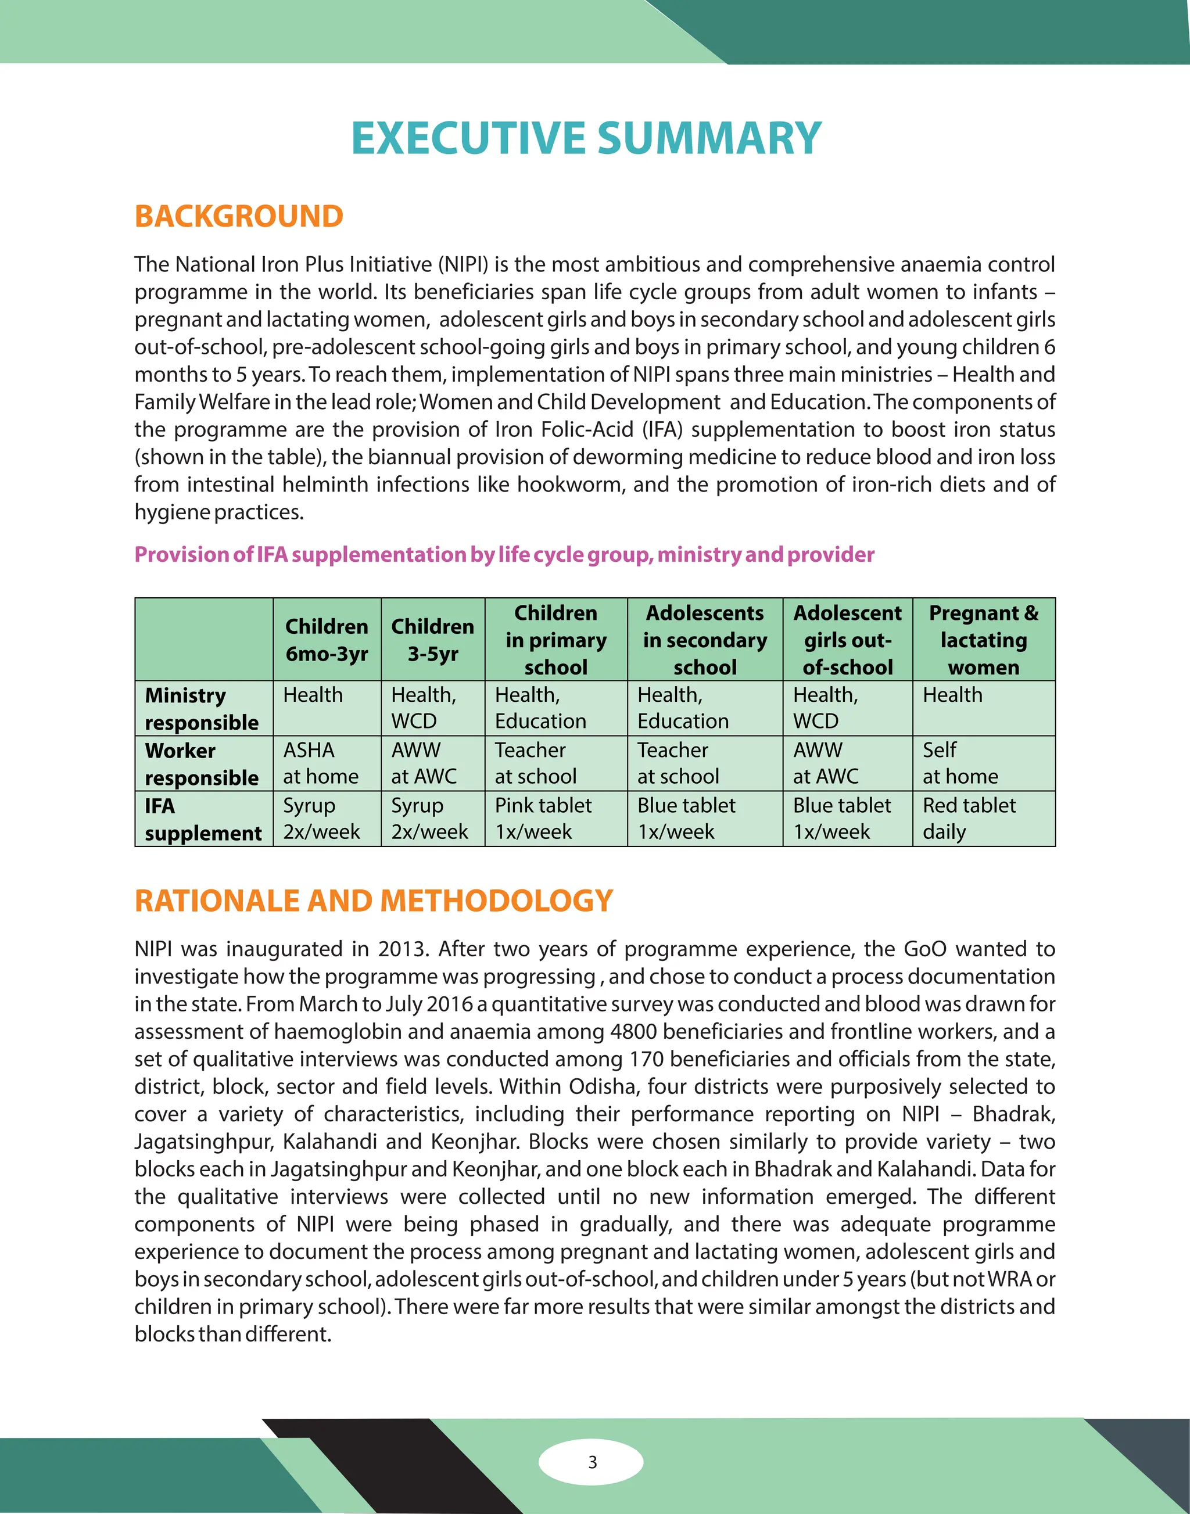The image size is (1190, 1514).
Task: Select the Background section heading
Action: tap(238, 217)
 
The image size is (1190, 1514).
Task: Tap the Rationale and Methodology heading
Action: tap(374, 901)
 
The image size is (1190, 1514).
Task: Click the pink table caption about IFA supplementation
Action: tap(504, 555)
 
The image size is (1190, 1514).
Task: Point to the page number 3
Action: tap(592, 1462)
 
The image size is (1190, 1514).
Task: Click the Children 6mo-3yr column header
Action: tap(327, 640)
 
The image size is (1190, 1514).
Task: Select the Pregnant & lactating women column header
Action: tap(983, 640)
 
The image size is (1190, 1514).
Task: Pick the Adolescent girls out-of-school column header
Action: tap(847, 640)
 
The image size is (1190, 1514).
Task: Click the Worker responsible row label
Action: tap(202, 763)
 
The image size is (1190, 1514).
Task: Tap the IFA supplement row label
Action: tap(202, 819)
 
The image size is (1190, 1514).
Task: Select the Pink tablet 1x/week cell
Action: tap(543, 819)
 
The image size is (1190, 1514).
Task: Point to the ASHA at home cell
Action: tap(321, 763)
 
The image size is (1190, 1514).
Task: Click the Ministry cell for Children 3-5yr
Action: tap(424, 708)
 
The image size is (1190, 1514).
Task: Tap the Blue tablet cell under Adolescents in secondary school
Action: tap(686, 819)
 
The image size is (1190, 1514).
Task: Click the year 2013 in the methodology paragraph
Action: tap(402, 949)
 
